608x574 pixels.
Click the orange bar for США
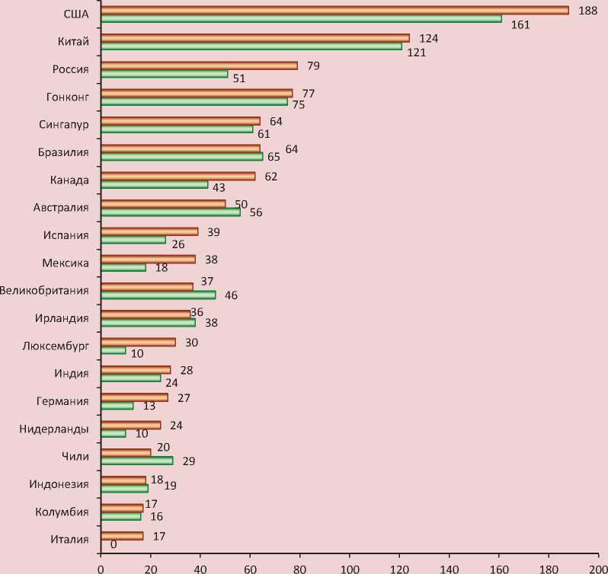coord(335,10)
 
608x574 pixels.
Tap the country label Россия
coord(71,69)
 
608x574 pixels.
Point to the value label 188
coord(587,10)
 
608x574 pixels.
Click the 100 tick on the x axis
coord(350,567)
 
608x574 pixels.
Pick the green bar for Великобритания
coord(158,295)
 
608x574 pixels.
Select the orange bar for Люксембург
coord(139,342)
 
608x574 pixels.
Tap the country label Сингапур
coord(64,125)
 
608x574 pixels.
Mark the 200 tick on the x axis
coord(598,567)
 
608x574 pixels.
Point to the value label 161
coord(521,24)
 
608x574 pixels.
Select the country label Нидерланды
coord(54,429)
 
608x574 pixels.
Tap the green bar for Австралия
coord(171,212)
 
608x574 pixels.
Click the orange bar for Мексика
coord(149,259)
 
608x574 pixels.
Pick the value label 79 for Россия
coord(312,65)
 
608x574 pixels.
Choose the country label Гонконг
coord(68,97)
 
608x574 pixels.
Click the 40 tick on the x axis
coord(200,567)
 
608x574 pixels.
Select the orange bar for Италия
coord(122,536)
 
